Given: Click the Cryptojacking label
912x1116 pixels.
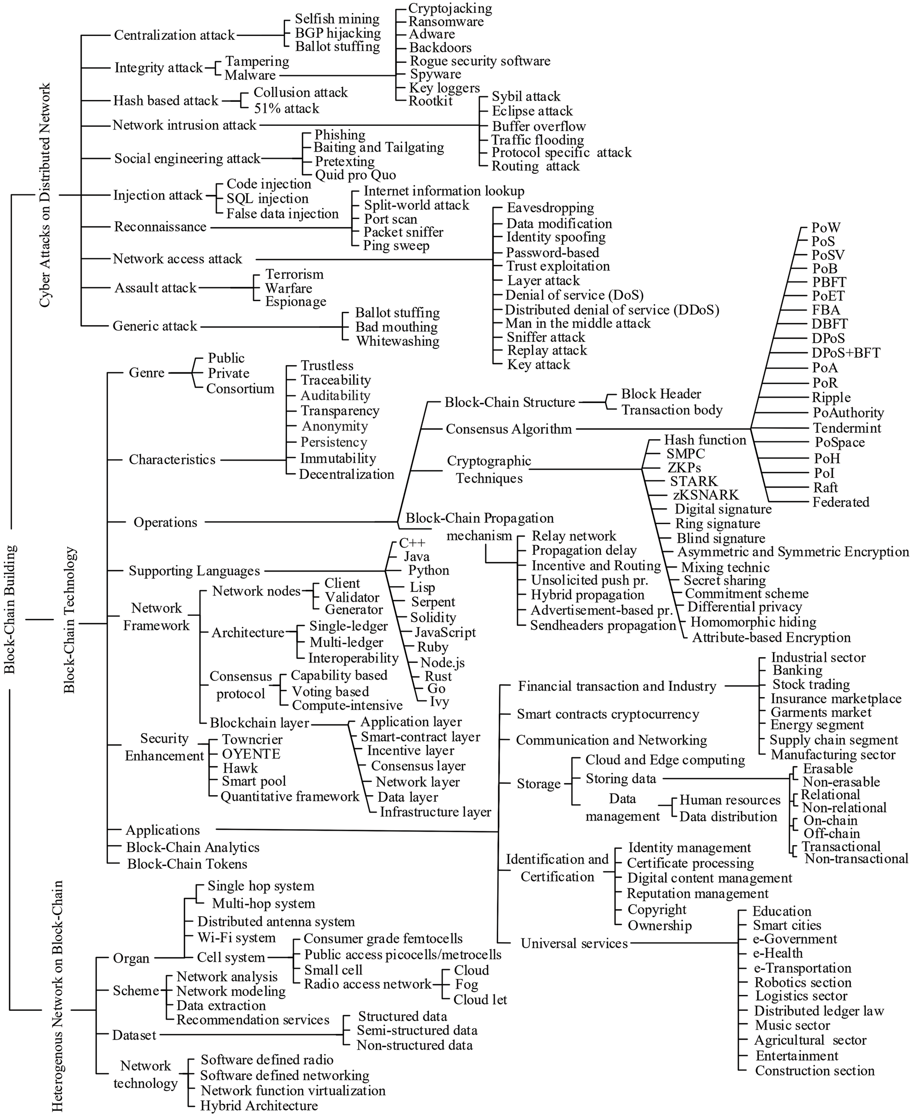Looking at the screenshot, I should pos(450,9).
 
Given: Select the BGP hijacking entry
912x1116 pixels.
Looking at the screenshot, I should pos(338,33).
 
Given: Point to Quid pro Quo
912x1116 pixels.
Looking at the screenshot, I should pos(355,175).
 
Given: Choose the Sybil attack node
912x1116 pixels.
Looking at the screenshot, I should pos(526,97).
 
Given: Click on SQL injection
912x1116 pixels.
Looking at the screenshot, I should pos(267,199).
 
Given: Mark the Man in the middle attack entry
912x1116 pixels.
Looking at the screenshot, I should pos(578,323).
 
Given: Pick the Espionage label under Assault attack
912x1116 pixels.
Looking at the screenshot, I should pos(296,302).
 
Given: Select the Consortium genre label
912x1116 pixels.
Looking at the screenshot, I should pos(240,389).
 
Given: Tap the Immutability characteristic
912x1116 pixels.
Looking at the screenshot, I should pos(338,458).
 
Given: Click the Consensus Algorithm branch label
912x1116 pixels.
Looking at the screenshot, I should pos(508,429).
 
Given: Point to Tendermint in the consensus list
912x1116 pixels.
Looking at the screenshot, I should pos(847,428).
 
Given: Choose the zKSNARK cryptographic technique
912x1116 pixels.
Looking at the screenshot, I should pos(706,495).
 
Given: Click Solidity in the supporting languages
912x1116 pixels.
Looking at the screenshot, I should pos(433,617).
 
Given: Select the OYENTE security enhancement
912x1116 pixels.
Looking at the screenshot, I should pos(251,754).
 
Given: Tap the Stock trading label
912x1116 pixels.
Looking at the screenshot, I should pos(811,685).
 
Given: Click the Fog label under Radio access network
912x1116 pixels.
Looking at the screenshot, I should pos(467,984).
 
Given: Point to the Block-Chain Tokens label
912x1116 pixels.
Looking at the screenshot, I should pos(187,864).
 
